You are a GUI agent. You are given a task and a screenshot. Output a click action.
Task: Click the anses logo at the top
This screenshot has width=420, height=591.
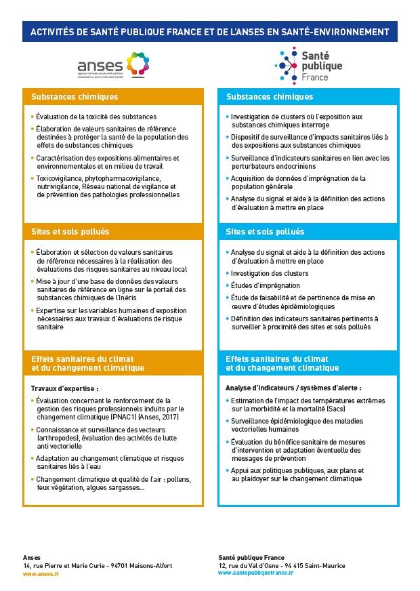[112, 64]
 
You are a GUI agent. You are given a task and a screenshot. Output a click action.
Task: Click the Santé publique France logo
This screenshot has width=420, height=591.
[308, 64]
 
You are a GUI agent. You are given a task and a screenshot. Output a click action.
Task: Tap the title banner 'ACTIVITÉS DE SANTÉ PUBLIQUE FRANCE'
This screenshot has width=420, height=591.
[209, 31]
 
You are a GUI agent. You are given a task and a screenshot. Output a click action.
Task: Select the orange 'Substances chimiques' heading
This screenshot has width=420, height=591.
[75, 97]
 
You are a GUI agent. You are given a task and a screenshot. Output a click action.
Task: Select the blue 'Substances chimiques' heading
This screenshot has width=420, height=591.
[269, 97]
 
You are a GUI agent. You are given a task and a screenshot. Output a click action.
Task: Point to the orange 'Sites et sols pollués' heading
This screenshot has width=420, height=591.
[70, 232]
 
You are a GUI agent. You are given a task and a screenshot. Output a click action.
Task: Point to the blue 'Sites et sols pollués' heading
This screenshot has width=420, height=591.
[265, 232]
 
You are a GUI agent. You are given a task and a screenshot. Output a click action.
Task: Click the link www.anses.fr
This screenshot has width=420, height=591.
[41, 573]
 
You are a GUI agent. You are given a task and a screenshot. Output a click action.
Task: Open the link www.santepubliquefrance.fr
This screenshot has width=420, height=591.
[255, 573]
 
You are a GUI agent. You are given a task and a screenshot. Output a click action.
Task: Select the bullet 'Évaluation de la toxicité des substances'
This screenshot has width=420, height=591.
[96, 117]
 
